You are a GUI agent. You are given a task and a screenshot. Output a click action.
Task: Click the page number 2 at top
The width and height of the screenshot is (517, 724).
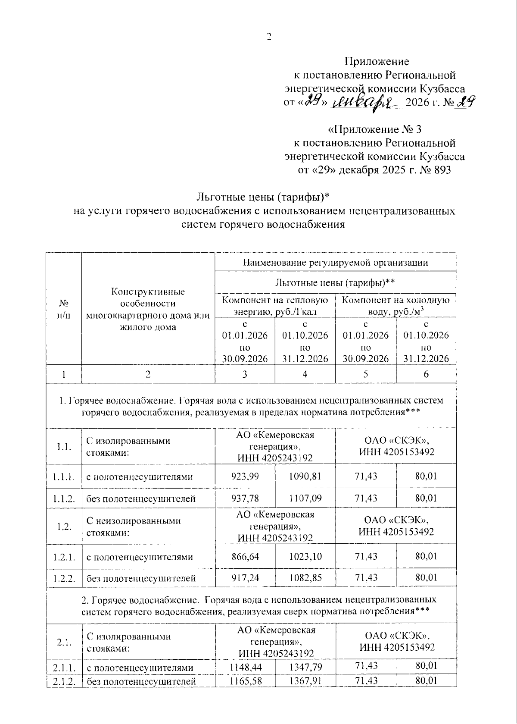click(x=269, y=37)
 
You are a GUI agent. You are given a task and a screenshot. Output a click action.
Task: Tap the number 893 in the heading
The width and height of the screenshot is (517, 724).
click(x=440, y=170)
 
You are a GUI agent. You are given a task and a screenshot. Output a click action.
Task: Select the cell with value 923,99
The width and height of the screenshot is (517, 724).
click(x=245, y=476)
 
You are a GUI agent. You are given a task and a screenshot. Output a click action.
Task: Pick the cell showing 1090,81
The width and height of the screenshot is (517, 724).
click(x=305, y=476)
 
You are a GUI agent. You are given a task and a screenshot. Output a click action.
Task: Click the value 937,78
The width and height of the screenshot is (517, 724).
click(x=245, y=498)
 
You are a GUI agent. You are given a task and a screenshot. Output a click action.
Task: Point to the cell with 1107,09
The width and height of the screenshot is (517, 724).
click(x=305, y=498)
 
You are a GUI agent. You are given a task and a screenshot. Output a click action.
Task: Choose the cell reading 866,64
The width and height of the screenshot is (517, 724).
click(x=245, y=557)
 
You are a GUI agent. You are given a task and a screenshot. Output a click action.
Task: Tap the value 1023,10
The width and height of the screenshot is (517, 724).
click(x=305, y=557)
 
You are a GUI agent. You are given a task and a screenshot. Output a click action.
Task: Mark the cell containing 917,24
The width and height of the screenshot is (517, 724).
click(x=245, y=578)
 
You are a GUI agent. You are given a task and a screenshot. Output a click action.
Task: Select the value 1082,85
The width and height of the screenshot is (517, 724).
click(x=305, y=578)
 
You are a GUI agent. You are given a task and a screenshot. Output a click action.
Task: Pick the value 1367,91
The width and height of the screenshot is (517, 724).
click(x=305, y=681)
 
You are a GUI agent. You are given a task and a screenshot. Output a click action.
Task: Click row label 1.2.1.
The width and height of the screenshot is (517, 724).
click(x=64, y=557)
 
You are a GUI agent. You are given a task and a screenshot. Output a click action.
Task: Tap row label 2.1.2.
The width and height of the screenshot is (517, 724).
click(x=64, y=681)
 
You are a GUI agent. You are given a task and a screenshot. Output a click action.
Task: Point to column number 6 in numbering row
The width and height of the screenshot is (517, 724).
click(x=426, y=374)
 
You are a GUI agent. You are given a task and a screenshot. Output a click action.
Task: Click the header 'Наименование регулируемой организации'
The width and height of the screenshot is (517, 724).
click(x=335, y=262)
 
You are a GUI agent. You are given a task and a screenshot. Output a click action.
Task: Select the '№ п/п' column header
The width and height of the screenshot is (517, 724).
click(x=64, y=309)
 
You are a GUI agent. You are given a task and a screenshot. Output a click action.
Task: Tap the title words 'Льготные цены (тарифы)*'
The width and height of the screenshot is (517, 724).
click(x=263, y=197)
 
